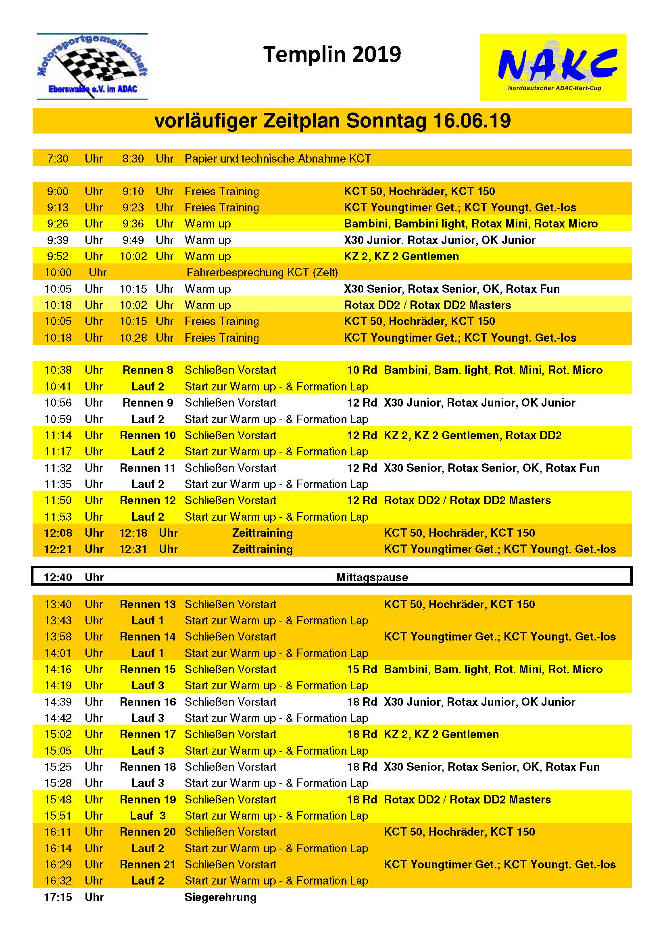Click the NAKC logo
point(553,67)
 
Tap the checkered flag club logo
point(92,67)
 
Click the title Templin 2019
point(332,54)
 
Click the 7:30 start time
point(58,159)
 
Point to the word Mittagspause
point(372,577)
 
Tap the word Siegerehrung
point(220,897)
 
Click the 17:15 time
point(58,897)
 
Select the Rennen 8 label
point(148,370)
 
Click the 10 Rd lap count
point(362,370)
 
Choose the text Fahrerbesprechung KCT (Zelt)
point(262,272)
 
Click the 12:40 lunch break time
point(58,577)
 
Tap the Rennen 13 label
point(148,604)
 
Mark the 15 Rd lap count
point(362,669)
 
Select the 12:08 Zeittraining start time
point(58,533)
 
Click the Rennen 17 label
point(148,734)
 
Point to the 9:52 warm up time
point(58,256)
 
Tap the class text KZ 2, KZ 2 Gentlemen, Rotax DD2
point(472,435)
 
